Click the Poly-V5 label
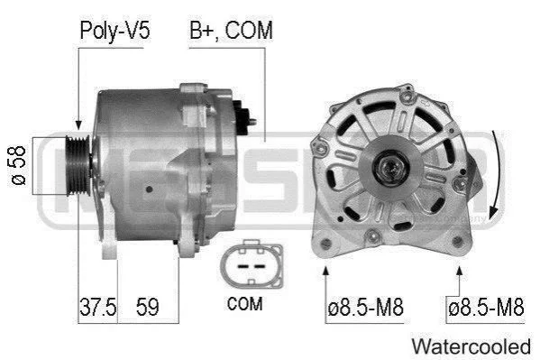coord(114,31)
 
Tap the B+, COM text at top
coord(231,31)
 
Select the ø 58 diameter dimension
coord(17,165)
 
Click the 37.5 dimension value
coord(97,307)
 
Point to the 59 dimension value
coord(148,307)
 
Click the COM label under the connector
coord(245,304)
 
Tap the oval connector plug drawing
coord(252,263)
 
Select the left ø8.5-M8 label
coord(365,307)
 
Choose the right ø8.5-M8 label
coord(486,307)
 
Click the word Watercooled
coord(471,346)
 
